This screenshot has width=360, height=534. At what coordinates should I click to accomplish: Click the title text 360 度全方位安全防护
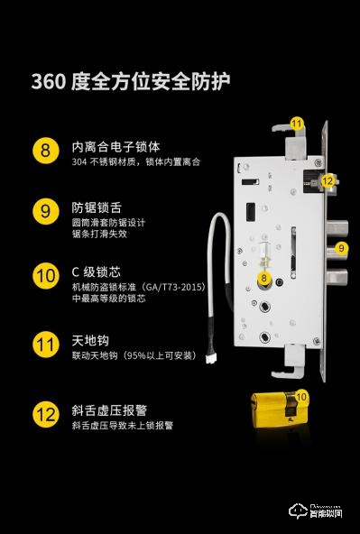pos(131,82)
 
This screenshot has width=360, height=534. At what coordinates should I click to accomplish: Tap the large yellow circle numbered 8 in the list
pos(45,149)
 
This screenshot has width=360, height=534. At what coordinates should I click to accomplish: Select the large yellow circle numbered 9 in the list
pos(45,212)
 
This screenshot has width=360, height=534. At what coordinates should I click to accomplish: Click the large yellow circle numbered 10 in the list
pos(45,276)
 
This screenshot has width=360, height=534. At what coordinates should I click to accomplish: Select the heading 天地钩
pos(90,341)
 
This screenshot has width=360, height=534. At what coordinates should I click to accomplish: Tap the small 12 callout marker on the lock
pos(328,180)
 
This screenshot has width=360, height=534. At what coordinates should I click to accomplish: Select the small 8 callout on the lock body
pos(264,280)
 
